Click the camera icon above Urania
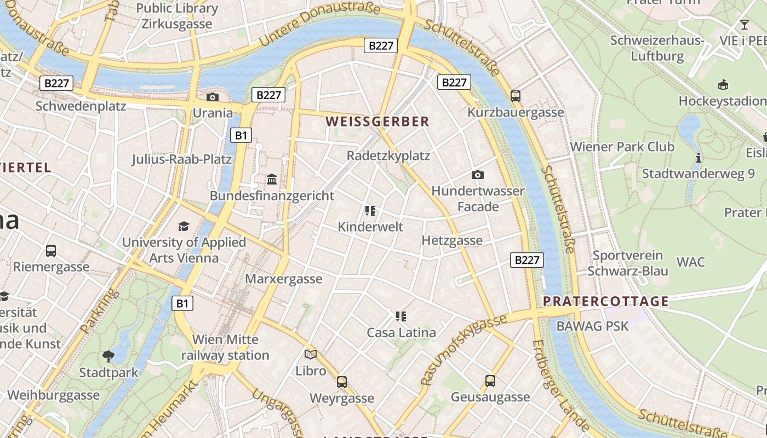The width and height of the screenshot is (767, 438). [213, 97]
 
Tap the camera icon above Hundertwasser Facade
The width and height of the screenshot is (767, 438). [478, 175]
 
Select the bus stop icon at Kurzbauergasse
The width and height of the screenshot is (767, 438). [516, 96]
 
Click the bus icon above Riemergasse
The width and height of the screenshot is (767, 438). [51, 251]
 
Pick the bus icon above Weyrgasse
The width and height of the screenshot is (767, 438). [342, 382]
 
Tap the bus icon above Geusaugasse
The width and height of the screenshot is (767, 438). [490, 381]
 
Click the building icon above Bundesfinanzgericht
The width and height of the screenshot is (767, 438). [272, 180]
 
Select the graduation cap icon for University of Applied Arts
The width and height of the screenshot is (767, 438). [184, 226]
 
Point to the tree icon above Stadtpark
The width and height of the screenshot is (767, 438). [108, 356]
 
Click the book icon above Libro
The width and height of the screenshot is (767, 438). [311, 355]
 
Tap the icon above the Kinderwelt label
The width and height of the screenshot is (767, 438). [370, 211]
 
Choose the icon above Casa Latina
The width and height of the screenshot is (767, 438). [401, 316]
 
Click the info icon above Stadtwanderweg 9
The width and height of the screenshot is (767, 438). [699, 158]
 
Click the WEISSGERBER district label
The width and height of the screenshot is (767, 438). [378, 122]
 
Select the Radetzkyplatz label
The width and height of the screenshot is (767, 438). [388, 156]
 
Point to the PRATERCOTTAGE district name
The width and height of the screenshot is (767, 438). [606, 301]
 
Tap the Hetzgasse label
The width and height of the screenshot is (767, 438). [452, 240]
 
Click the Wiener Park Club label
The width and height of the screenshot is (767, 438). [622, 147]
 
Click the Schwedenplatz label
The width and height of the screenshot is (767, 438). [81, 106]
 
